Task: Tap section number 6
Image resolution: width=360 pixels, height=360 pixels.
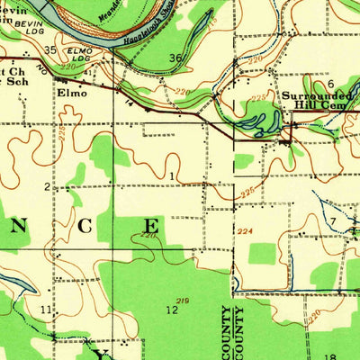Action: [330, 84]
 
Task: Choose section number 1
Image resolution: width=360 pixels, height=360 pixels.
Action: [172, 175]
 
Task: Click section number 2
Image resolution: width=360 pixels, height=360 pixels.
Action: [47, 186]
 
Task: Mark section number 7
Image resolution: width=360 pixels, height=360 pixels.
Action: [332, 220]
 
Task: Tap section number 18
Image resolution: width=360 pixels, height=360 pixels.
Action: [329, 356]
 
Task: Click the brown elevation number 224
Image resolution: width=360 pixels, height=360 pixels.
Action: [245, 232]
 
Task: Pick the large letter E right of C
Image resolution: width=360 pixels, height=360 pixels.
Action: [154, 225]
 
